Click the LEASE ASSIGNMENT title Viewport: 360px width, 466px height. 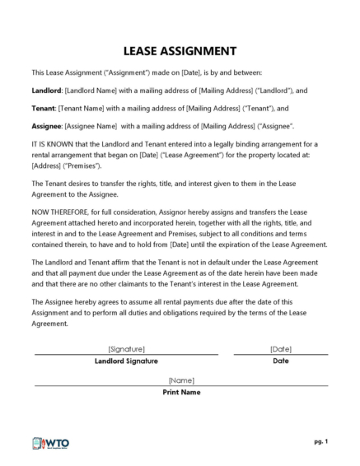179,49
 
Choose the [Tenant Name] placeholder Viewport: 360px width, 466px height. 86,108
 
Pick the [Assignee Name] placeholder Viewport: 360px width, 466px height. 95,126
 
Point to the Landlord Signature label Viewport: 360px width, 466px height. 126,361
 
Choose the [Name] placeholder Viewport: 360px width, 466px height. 180,380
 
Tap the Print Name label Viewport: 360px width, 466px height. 180,392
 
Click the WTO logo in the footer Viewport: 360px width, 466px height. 50,443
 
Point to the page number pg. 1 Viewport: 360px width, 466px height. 320,441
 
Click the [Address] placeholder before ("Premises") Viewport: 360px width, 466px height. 46,165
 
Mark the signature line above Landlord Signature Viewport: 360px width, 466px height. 126,354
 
